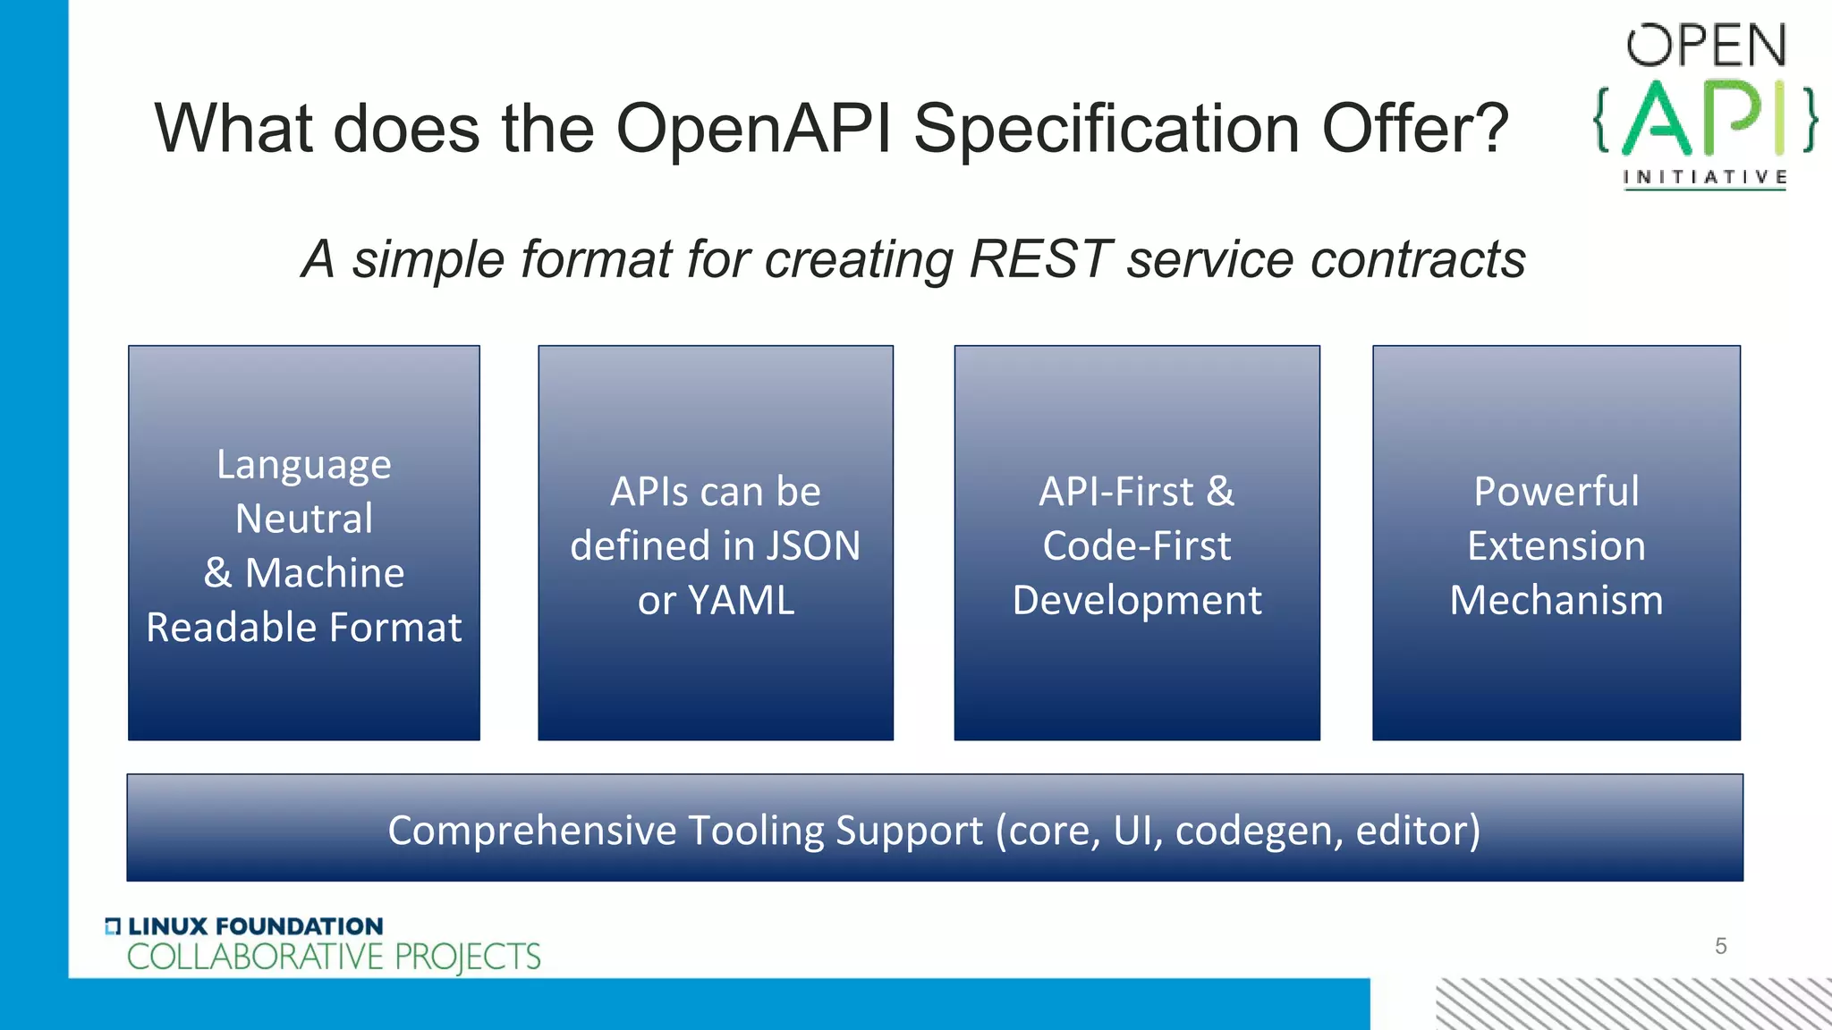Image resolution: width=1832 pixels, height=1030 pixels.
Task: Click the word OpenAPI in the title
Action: pos(753,129)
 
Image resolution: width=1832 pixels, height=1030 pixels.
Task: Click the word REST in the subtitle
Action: pos(1039,259)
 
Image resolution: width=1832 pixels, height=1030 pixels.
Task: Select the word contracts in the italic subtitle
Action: pos(1417,259)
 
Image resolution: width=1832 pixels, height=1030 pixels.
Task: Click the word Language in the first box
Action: pos(304,465)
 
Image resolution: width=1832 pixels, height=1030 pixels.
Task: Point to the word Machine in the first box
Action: pos(325,573)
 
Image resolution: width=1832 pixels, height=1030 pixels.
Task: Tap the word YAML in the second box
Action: pos(741,600)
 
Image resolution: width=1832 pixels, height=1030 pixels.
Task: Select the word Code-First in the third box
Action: pos(1137,545)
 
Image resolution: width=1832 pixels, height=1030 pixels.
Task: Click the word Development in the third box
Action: pos(1137,600)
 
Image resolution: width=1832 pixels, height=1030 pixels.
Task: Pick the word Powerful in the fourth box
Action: pos(1556,491)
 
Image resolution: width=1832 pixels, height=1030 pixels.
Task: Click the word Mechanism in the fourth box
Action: pos(1556,600)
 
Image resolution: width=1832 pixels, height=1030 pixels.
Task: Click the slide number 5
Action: pos(1720,946)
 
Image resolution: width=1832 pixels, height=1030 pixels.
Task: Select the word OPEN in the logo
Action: pos(1706,46)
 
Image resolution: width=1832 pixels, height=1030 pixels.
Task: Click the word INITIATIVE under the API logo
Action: pos(1705,177)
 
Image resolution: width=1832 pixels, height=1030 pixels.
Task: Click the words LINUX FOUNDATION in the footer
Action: pos(255,926)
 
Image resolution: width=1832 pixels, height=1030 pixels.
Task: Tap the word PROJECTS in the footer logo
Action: pos(467,957)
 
